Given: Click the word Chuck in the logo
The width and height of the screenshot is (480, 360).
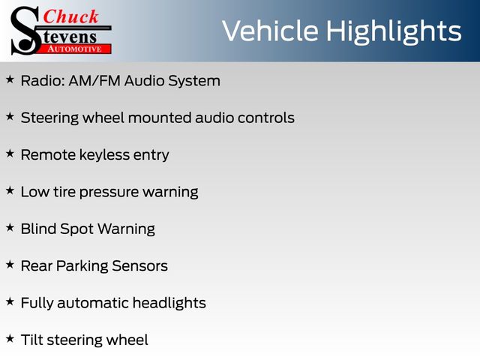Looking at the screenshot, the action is [x=70, y=16].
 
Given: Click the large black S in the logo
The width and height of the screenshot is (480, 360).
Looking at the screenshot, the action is [x=25, y=31].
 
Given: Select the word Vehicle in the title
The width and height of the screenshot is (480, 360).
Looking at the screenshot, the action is [x=270, y=31].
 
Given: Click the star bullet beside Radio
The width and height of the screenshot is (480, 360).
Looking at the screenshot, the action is [x=10, y=79].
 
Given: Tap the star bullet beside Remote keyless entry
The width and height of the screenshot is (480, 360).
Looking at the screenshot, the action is [x=10, y=154].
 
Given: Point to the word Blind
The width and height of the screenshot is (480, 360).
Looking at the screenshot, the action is [x=38, y=229].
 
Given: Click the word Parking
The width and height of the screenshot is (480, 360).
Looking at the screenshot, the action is [x=82, y=266].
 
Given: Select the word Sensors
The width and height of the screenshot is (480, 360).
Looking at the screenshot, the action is [x=139, y=266].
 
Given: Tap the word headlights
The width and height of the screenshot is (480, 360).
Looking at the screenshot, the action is [x=169, y=303].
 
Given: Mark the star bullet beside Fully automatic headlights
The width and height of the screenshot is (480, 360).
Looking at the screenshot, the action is [x=10, y=301].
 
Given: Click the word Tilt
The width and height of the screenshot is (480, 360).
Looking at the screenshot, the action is [x=31, y=340].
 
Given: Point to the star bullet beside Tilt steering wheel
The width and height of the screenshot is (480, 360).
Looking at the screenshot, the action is [x=10, y=338].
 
